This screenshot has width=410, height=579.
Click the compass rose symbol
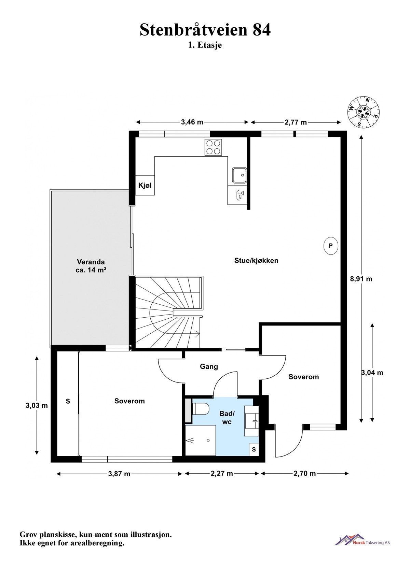[x=363, y=112]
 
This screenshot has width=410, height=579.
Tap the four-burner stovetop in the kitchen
[x=213, y=147]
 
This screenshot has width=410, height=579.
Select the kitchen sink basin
[x=240, y=175]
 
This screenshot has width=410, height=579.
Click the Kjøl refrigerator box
[x=145, y=185]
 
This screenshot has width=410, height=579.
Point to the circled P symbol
[x=331, y=246]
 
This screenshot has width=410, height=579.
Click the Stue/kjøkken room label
[x=256, y=260]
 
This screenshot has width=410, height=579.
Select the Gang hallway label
[x=209, y=366]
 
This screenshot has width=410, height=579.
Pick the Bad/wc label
[x=227, y=418]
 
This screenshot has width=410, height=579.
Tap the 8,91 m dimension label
[x=361, y=279]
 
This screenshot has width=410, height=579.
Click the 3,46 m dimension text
[x=192, y=122]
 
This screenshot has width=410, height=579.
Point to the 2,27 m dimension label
[x=222, y=474]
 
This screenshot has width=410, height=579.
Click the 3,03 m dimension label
[x=37, y=405]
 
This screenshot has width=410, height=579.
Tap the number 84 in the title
[x=262, y=30]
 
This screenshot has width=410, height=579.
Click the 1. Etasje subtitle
[x=205, y=45]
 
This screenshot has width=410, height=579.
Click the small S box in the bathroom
[x=254, y=449]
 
